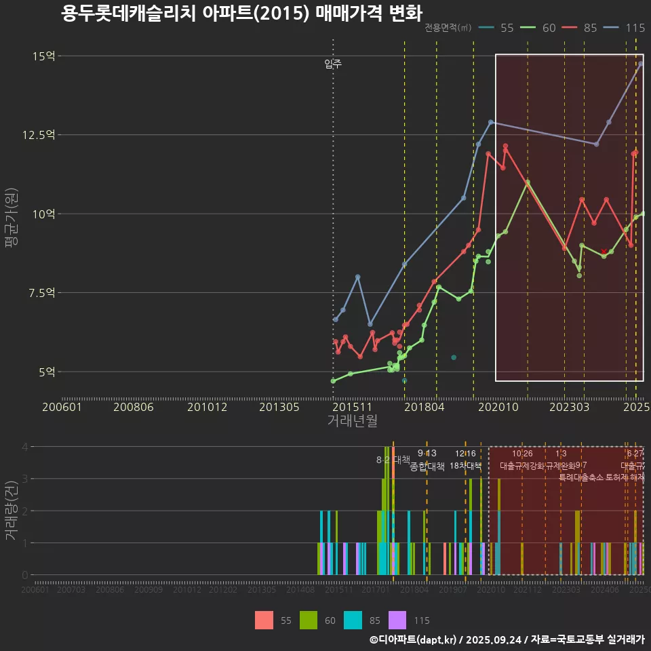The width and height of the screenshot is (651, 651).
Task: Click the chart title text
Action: [x=241, y=14]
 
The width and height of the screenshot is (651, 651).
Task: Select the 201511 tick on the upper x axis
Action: [x=351, y=407]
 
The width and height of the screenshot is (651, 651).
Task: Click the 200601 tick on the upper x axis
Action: [x=62, y=407]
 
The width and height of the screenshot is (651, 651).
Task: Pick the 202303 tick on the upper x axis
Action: [x=568, y=407]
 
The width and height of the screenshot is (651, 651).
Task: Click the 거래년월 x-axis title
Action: [x=352, y=421]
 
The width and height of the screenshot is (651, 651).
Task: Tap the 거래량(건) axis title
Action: [x=11, y=511]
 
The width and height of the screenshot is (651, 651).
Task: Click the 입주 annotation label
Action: [x=333, y=64]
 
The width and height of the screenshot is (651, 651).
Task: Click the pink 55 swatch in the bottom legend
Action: [x=264, y=620]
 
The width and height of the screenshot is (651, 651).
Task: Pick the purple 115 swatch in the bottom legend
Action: [x=397, y=620]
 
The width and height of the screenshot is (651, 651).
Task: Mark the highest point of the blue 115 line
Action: [x=640, y=64]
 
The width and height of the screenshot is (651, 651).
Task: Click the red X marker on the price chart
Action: [x=604, y=252]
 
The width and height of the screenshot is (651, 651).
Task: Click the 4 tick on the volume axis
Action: [x=24, y=447]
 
